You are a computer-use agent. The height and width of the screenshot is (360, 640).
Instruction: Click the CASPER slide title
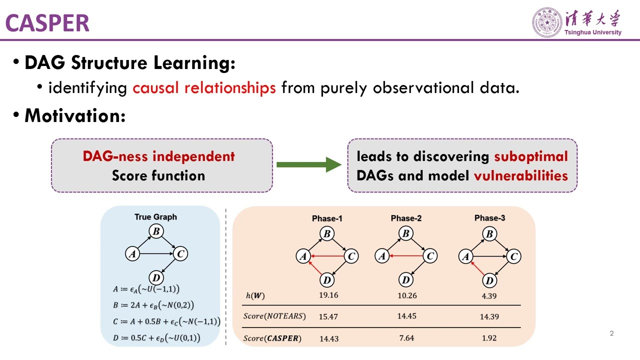coord(47,23)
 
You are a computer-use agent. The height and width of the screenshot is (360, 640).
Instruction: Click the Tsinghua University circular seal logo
coord(547,22)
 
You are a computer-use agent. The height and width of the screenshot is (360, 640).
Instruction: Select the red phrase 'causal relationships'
coord(204,88)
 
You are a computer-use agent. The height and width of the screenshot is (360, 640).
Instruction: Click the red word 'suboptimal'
coord(531,156)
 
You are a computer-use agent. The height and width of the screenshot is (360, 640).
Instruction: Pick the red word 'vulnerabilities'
coord(520,175)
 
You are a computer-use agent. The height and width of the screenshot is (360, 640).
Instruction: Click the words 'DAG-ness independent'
coord(158,156)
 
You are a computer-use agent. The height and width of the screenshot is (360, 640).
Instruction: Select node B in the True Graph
coord(156,231)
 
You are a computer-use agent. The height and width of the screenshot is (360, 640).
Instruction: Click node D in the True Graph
coord(156,277)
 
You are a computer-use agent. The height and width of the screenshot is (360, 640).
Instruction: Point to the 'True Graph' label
coord(155,217)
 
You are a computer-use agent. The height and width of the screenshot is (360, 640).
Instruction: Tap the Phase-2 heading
coord(406,218)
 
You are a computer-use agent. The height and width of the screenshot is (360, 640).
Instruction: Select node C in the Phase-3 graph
coord(513,256)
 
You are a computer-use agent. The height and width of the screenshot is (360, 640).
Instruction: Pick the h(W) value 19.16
coord(328,295)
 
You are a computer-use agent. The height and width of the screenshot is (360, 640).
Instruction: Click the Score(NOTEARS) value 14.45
coord(407,316)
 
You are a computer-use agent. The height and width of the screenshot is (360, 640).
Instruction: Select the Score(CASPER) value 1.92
coord(489,338)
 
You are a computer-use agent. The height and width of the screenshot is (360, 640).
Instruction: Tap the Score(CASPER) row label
coord(272,338)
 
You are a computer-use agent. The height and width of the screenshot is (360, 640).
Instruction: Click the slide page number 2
coord(611,333)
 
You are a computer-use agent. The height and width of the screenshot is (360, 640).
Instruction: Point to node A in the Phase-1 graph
coord(302,256)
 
